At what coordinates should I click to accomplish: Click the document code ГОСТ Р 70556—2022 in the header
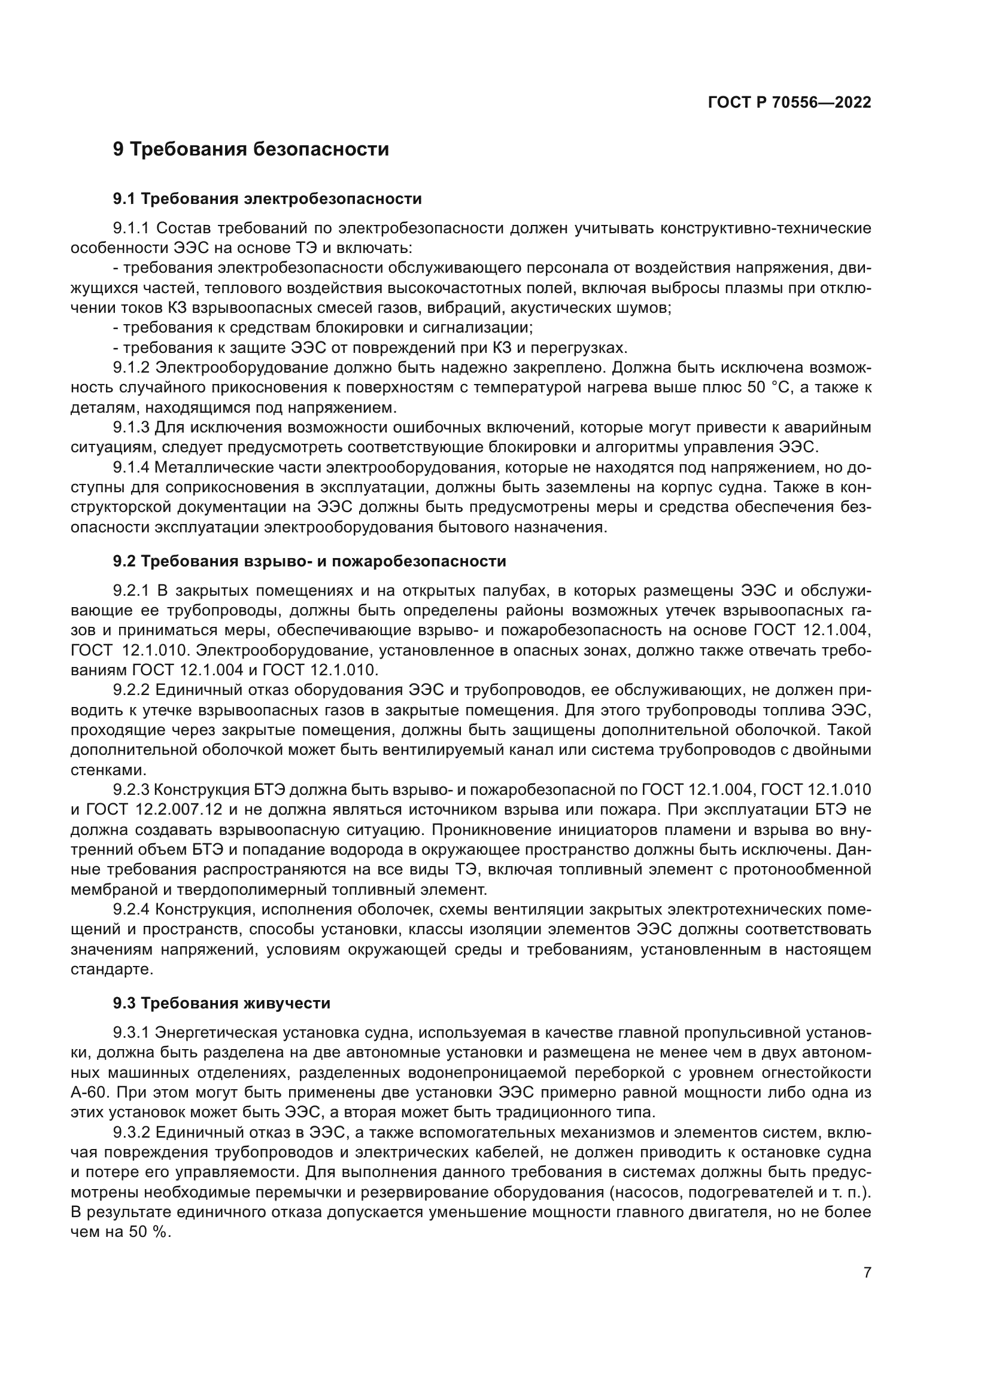(789, 102)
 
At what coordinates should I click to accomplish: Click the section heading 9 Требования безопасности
(251, 150)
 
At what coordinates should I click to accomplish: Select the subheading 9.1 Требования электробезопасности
(267, 199)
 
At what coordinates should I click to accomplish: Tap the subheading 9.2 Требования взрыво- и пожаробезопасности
(309, 560)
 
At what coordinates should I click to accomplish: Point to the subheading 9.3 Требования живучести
(221, 1002)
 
